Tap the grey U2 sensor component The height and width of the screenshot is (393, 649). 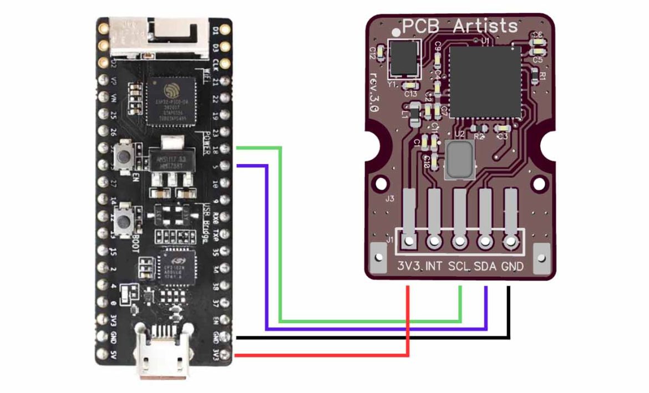(x=459, y=159)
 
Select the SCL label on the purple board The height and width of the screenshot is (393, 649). (x=459, y=267)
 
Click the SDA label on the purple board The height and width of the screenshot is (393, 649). (x=486, y=267)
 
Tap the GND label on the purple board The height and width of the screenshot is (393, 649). (x=512, y=267)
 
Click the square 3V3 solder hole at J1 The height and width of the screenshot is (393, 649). (x=409, y=242)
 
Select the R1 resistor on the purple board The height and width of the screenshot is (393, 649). (x=536, y=74)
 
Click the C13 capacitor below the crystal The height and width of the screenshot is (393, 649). (x=410, y=86)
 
